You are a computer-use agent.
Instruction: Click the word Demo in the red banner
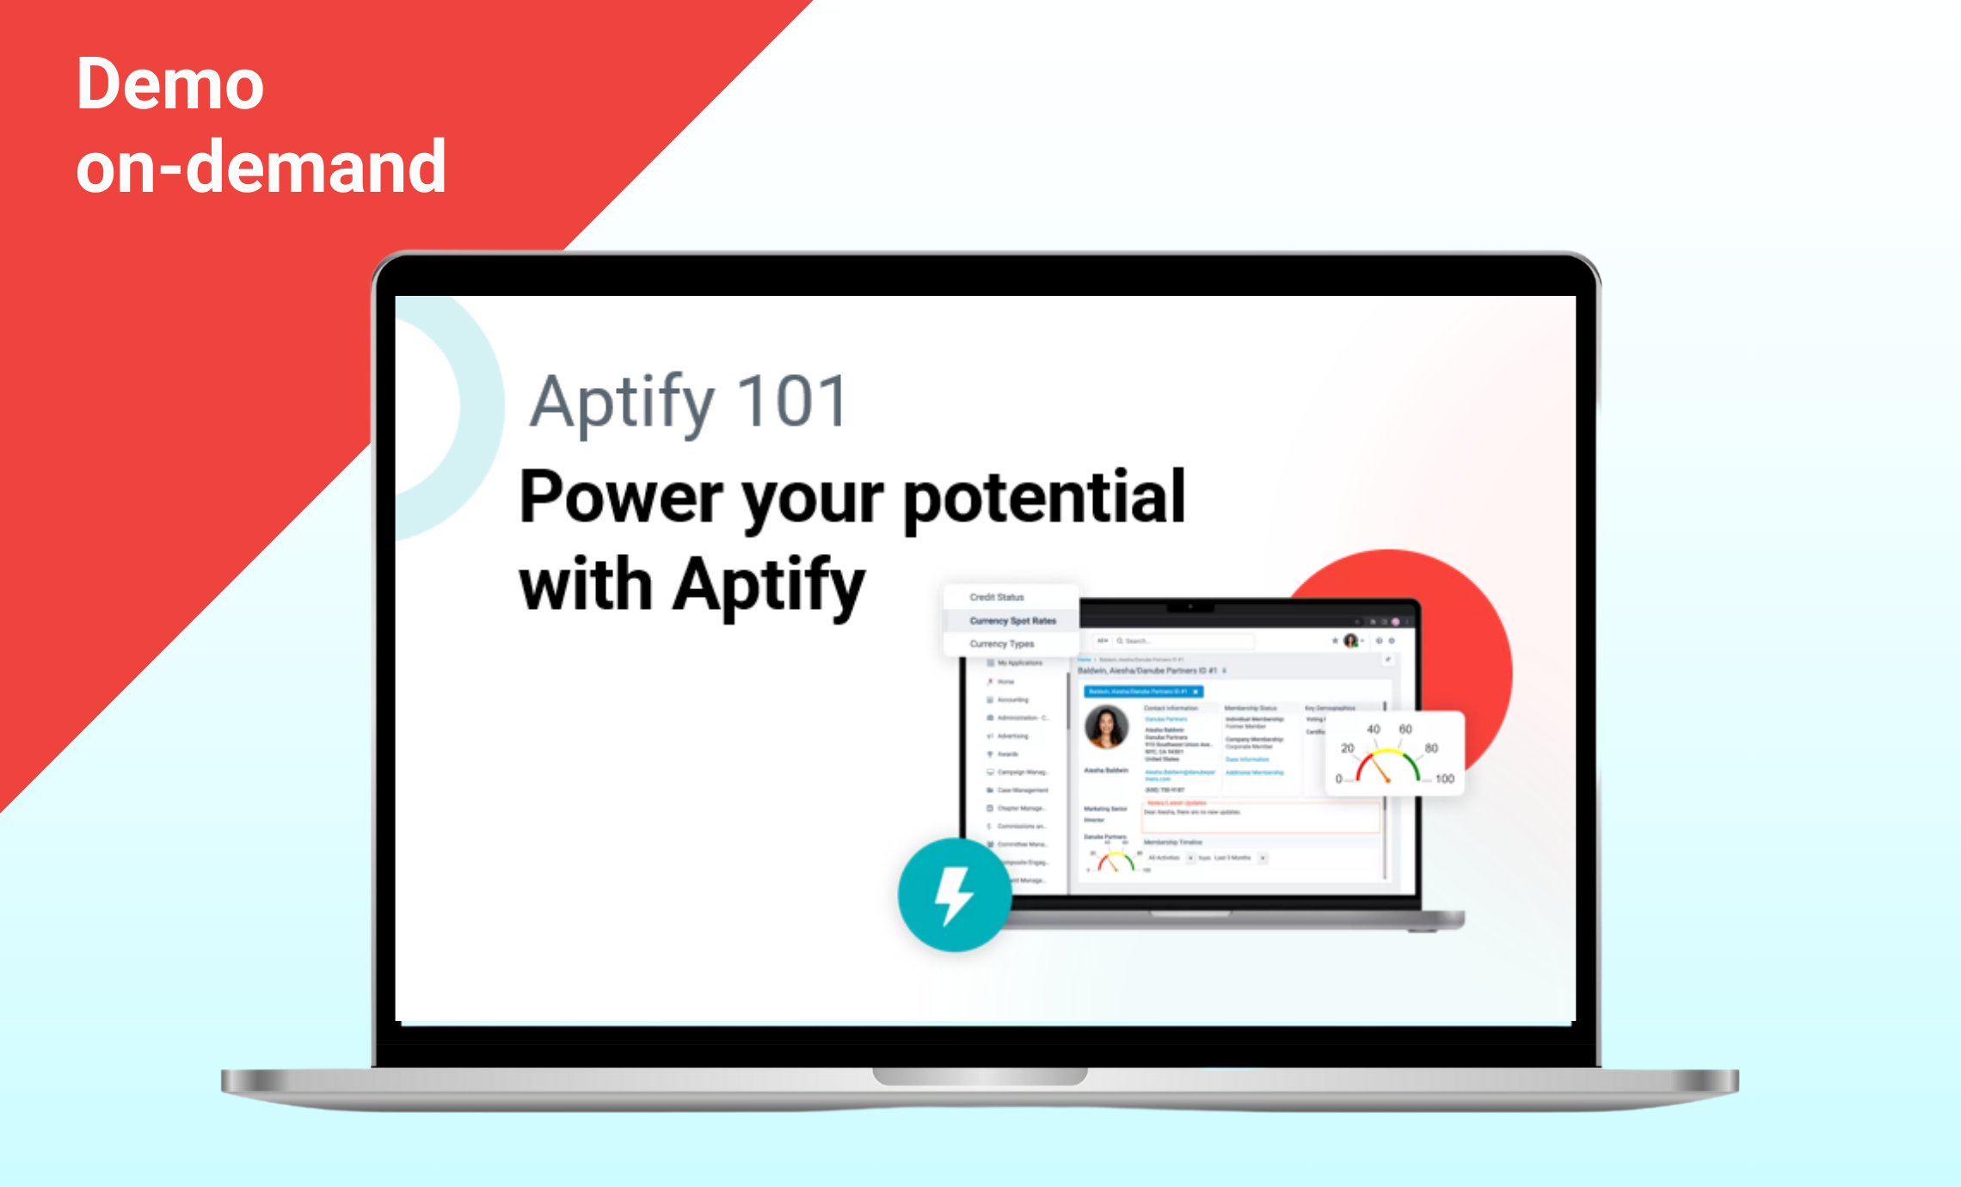[x=170, y=84]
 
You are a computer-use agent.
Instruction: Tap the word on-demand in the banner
[x=261, y=167]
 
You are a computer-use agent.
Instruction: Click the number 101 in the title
[x=792, y=402]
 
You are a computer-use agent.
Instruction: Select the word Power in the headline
[x=622, y=497]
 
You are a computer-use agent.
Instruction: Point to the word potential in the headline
[x=1044, y=497]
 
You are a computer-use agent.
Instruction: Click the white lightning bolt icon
[x=953, y=895]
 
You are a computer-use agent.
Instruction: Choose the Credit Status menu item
[x=997, y=597]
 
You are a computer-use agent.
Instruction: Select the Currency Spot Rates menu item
[x=1012, y=620]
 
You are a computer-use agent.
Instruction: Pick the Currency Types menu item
[x=1002, y=643]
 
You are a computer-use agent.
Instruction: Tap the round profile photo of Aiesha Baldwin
[x=1106, y=728]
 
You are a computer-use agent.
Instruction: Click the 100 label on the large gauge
[x=1444, y=778]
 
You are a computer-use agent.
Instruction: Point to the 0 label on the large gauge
[x=1338, y=778]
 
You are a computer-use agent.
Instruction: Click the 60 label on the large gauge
[x=1405, y=729]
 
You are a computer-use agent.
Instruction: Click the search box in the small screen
[x=1183, y=641]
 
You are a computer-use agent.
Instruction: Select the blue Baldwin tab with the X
[x=1142, y=692]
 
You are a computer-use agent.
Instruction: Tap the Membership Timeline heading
[x=1172, y=842]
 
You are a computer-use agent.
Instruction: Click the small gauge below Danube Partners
[x=1116, y=861]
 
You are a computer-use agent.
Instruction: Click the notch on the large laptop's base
[x=980, y=1076]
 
